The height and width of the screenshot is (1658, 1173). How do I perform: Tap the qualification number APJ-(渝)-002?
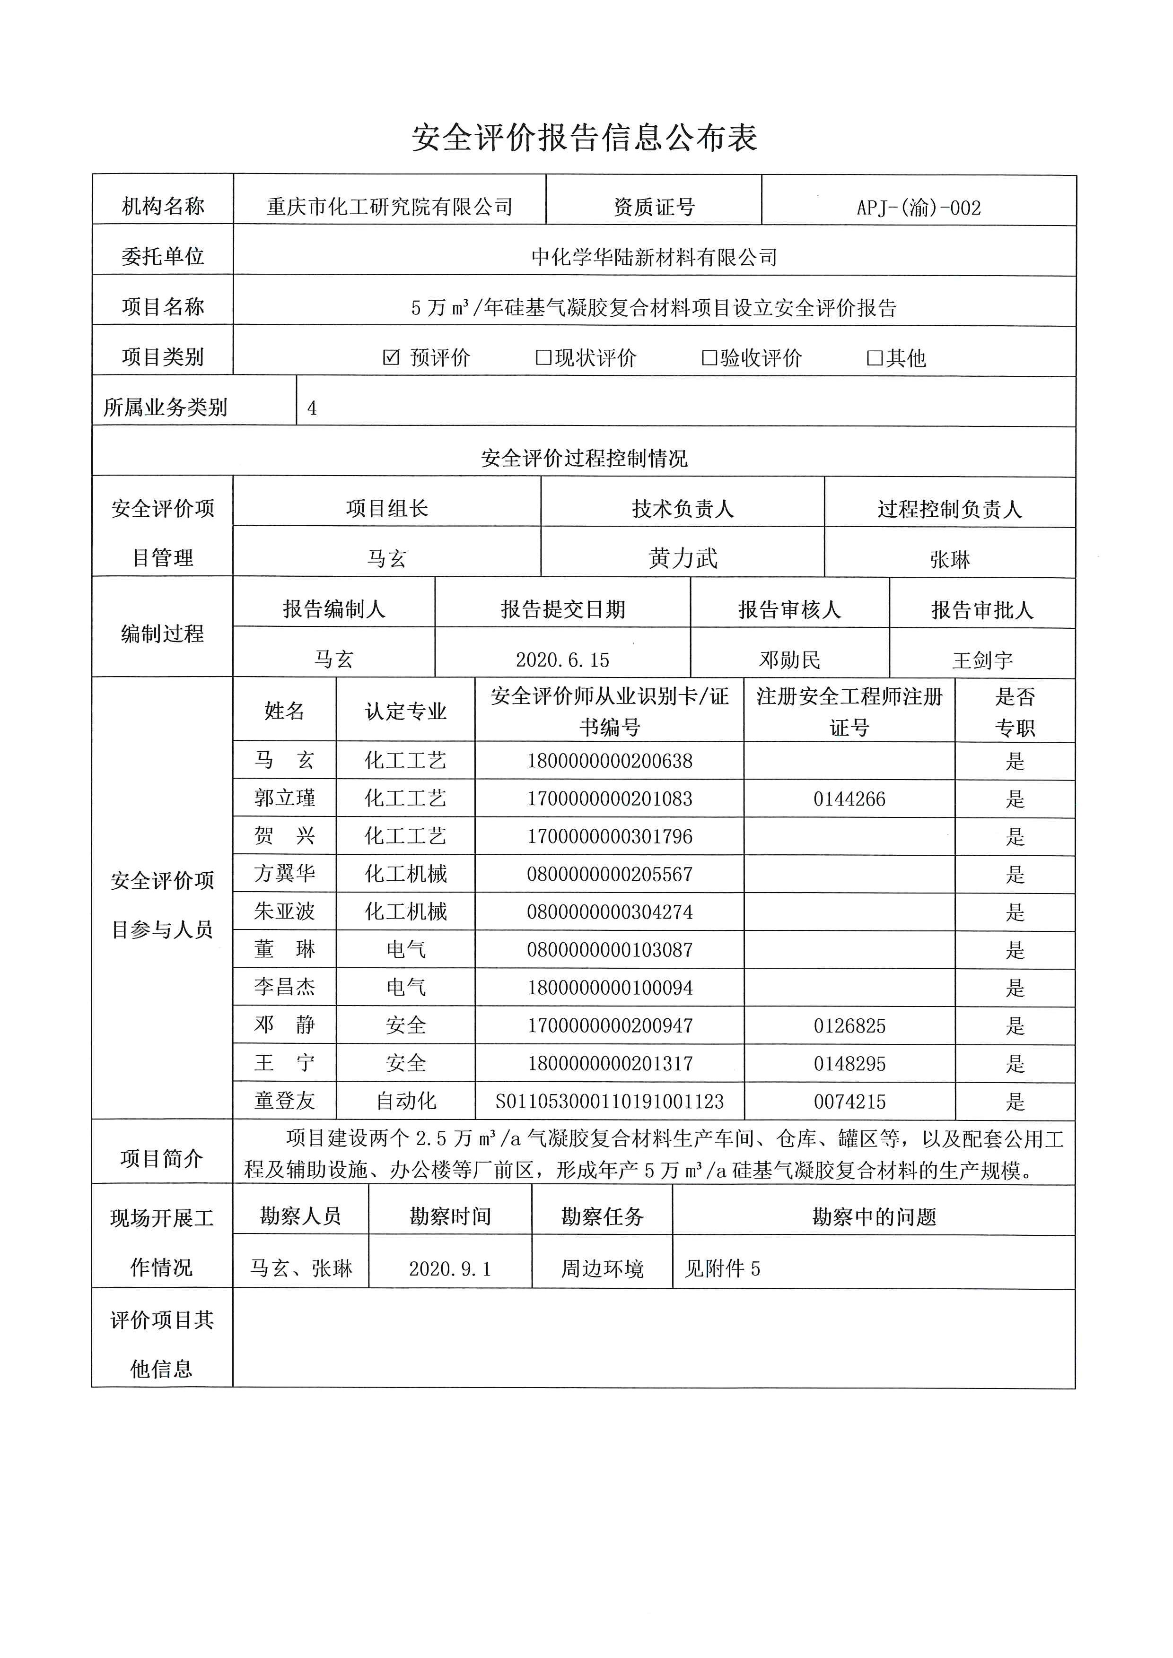click(x=918, y=208)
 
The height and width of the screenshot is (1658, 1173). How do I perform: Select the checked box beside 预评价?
click(x=391, y=357)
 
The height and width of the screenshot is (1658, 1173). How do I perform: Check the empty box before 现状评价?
click(x=543, y=357)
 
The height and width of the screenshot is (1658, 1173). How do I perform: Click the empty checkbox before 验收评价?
click(x=709, y=357)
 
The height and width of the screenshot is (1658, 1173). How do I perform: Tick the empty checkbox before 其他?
click(x=875, y=357)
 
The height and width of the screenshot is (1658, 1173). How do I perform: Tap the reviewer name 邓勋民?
click(x=789, y=660)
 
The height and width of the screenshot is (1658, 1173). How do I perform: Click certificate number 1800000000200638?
click(x=610, y=761)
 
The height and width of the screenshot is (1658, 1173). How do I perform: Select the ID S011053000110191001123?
click(x=610, y=1101)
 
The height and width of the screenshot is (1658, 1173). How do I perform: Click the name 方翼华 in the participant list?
click(x=285, y=874)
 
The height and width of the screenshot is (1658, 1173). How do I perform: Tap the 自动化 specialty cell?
click(x=406, y=1101)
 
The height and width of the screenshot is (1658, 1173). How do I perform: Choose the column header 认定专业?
click(x=406, y=712)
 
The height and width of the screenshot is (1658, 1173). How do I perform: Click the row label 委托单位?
click(x=163, y=256)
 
